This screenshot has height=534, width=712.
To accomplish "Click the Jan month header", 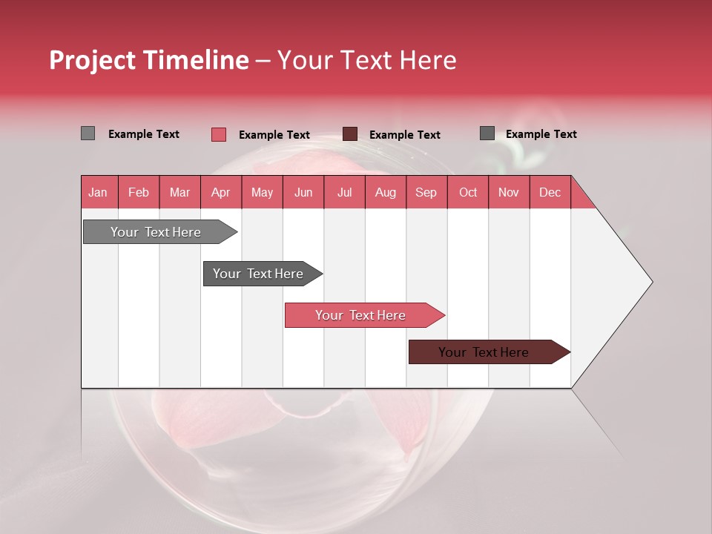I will point(98,193).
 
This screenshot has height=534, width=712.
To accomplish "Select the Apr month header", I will point(220,193).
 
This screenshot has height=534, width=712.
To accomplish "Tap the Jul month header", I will point(344,193).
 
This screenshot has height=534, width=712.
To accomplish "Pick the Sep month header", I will point(426,193).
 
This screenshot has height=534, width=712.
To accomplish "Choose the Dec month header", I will point(550,193).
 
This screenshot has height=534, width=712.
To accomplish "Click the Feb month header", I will point(139,193).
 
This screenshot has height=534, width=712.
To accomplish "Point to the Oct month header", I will point(468,193).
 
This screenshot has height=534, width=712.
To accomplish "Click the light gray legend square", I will point(88,133).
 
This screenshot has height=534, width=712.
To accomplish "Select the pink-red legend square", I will point(218,134).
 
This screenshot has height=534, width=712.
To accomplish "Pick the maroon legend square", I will point(350,134).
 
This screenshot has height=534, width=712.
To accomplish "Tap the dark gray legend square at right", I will point(487,133).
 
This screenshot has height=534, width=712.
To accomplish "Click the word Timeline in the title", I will point(196,60).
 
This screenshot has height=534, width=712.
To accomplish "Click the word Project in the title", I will point(93,60).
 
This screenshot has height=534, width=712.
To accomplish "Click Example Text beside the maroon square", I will point(404,135).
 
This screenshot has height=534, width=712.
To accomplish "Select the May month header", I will point(262,193).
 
